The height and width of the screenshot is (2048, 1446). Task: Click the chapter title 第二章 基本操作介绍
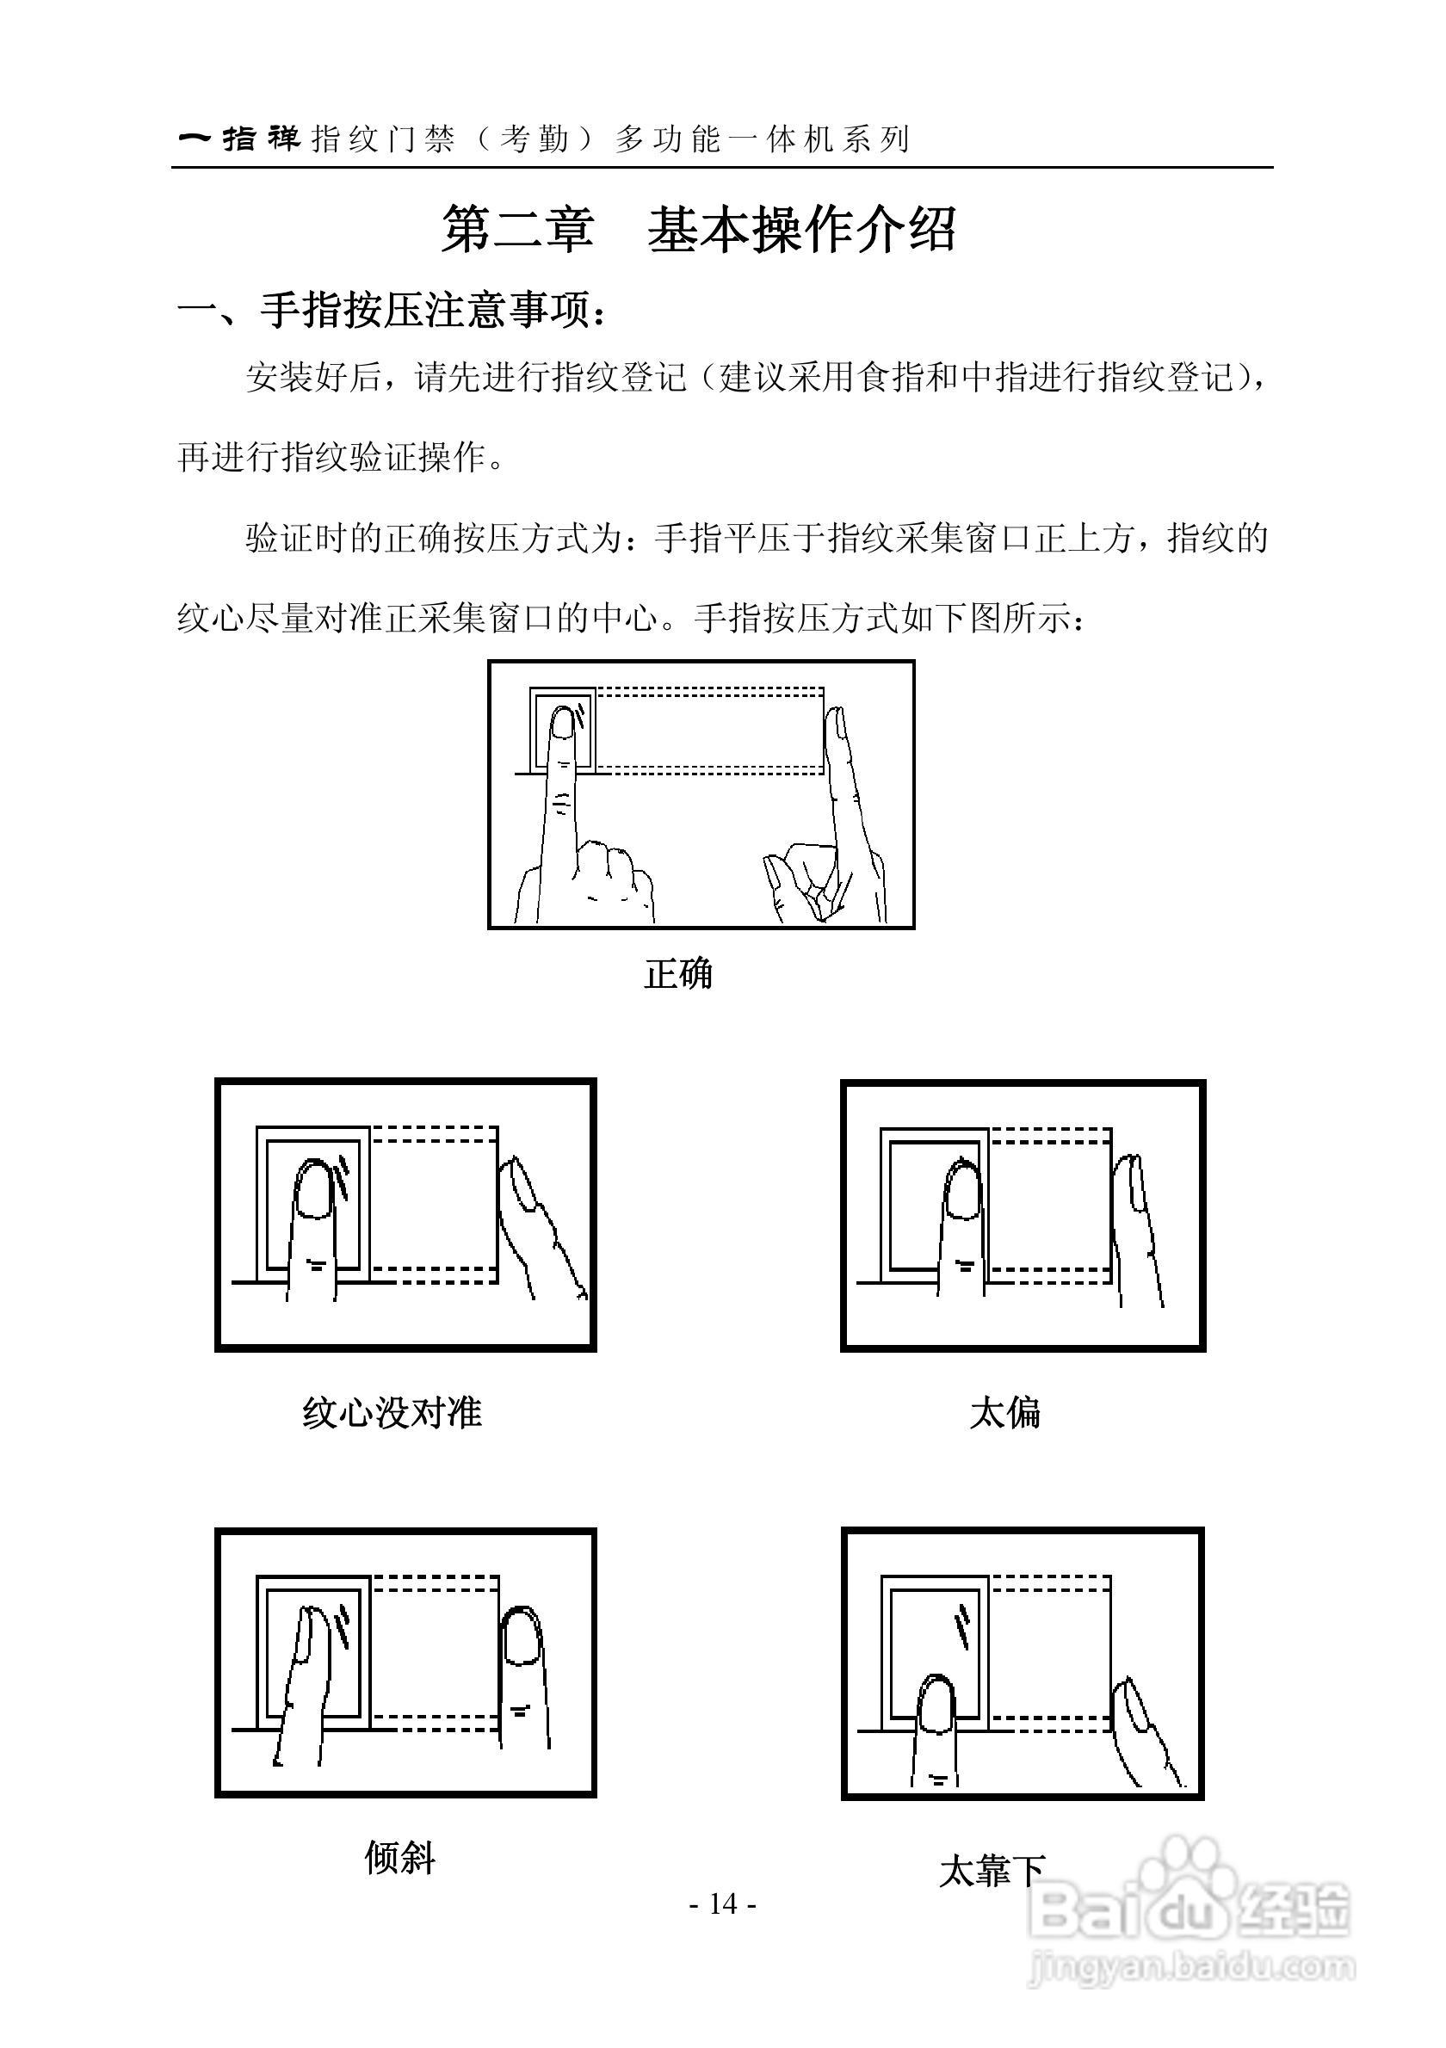pyautogui.click(x=700, y=230)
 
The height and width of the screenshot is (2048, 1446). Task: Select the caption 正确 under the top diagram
pyautogui.click(x=678, y=973)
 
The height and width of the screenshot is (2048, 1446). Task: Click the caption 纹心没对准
pyautogui.click(x=392, y=1412)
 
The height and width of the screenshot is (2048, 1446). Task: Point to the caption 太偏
pyautogui.click(x=1004, y=1413)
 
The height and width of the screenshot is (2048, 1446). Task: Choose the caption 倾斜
pyautogui.click(x=399, y=1857)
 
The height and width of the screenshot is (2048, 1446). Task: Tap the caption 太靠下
pyautogui.click(x=991, y=1871)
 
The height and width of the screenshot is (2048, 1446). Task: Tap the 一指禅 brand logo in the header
pyautogui.click(x=241, y=139)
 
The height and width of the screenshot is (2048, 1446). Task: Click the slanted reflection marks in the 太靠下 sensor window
pyautogui.click(x=962, y=1628)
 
